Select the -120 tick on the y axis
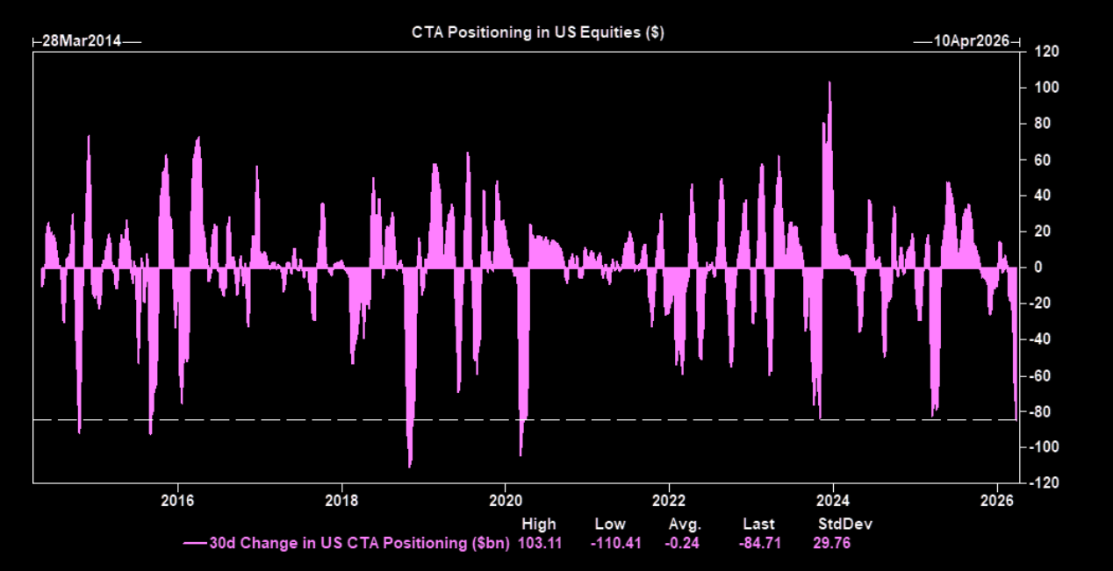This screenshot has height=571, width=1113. [1045, 483]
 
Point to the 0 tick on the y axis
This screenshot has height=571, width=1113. [1038, 268]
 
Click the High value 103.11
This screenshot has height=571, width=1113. [539, 543]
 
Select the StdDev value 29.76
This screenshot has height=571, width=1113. [832, 543]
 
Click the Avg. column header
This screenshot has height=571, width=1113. [684, 525]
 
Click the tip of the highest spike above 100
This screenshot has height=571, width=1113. [829, 82]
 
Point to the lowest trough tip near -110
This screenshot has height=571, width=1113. [410, 466]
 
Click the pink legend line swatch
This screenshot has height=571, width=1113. [195, 544]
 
